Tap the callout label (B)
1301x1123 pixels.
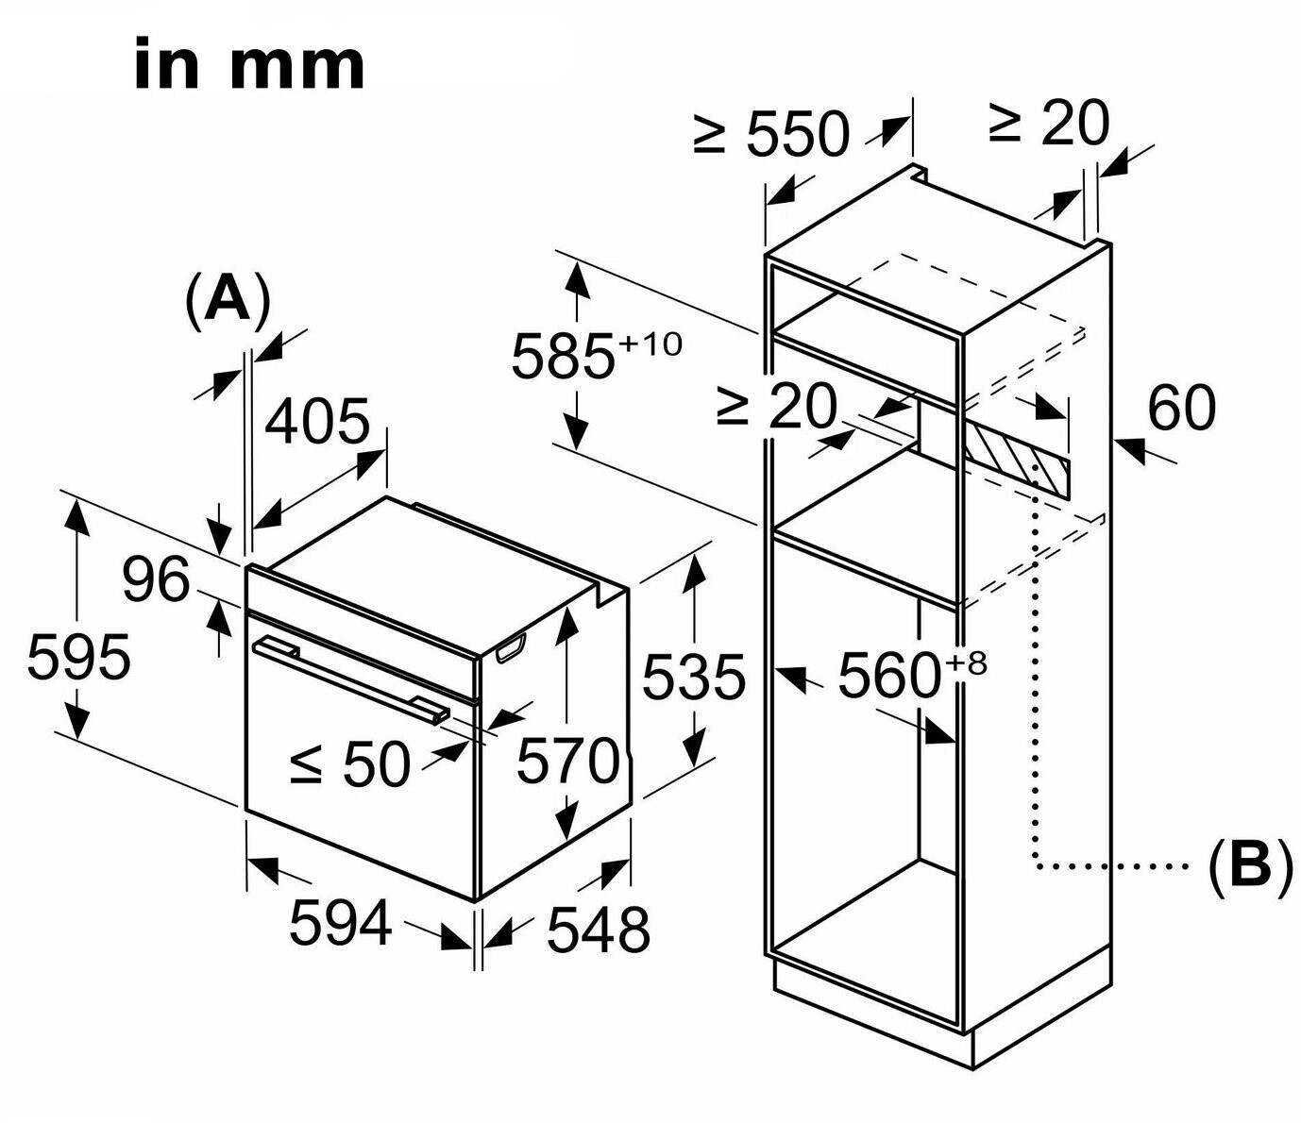1249,864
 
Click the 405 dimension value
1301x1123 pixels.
316,421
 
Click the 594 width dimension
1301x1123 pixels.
340,922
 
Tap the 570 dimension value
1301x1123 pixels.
567,761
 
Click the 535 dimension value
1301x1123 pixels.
694,676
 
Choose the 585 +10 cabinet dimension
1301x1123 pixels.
595,355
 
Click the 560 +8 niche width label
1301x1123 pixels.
911,674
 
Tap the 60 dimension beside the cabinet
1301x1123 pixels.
1181,409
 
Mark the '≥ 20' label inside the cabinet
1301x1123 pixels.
776,407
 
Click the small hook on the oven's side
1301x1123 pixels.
510,649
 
